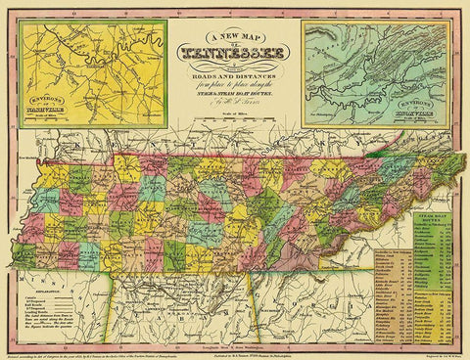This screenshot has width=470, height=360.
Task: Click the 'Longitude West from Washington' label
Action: tap(235, 336)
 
